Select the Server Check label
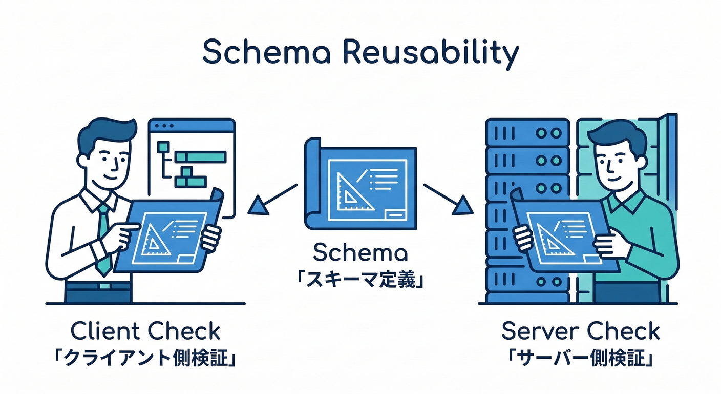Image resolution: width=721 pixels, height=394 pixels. coord(580,331)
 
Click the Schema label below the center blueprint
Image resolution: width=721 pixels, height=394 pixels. coord(360,253)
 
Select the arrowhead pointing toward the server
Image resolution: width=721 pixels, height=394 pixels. coord(463,206)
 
